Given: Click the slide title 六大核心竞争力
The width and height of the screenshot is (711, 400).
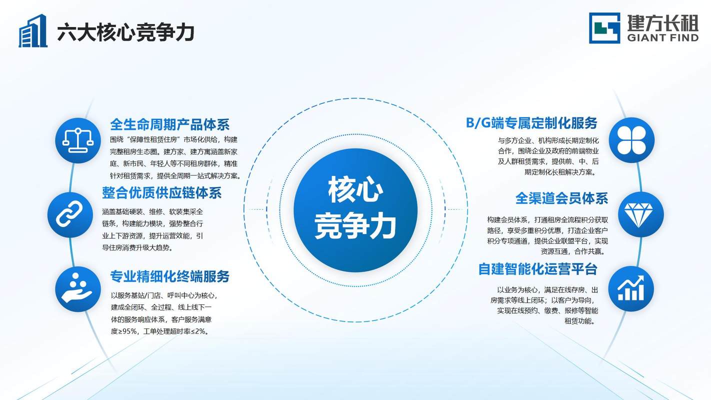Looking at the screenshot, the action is [125, 32].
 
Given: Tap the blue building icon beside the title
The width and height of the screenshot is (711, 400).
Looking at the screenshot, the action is [33, 31].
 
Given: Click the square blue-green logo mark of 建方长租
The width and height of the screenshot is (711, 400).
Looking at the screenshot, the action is [604, 28].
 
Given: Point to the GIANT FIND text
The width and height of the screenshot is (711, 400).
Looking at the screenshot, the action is [663, 38].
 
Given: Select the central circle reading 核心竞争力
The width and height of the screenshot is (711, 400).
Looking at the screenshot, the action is [355, 210].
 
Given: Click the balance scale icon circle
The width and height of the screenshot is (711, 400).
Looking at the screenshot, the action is [78, 140].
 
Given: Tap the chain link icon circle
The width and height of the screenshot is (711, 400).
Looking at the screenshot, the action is [70, 214].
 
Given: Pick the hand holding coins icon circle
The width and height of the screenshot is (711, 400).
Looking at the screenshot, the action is [78, 289].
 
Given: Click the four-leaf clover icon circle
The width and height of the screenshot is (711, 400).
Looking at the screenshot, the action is [631, 140].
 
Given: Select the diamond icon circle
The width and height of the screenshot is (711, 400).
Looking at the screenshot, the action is [641, 214].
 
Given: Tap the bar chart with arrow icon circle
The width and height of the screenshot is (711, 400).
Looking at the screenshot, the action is [631, 288].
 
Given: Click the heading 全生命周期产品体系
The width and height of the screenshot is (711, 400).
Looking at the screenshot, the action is [170, 124].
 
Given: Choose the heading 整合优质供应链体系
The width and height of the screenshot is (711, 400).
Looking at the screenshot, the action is [162, 192].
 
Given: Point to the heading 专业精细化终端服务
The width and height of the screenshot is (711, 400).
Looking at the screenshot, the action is [170, 276].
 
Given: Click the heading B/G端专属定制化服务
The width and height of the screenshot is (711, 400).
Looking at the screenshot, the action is [531, 123].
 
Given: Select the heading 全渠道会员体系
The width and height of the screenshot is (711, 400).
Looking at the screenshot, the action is [562, 198].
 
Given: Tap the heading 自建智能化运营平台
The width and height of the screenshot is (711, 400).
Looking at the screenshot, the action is [538, 269].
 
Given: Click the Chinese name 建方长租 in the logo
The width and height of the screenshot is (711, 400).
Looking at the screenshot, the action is [663, 23].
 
